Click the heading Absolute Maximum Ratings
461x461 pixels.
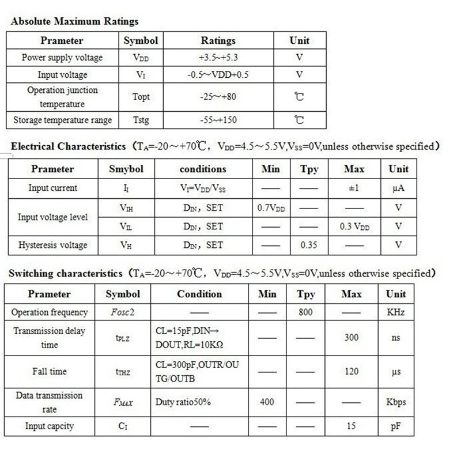75,22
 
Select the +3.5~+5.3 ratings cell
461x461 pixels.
218,58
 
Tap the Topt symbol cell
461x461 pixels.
141,97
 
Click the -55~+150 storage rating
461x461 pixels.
218,120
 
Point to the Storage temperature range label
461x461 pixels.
62,120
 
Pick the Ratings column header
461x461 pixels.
218,41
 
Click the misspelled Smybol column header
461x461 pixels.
126,169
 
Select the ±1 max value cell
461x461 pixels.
353,188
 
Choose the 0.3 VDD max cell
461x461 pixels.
354,226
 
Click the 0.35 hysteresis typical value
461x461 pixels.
309,245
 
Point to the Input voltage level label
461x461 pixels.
53,217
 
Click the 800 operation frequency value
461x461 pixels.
306,312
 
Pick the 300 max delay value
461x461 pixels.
352,338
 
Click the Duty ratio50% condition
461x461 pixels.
183,402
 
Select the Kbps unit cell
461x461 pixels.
396,402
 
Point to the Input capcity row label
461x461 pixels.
50,426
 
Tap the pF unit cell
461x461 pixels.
396,426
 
